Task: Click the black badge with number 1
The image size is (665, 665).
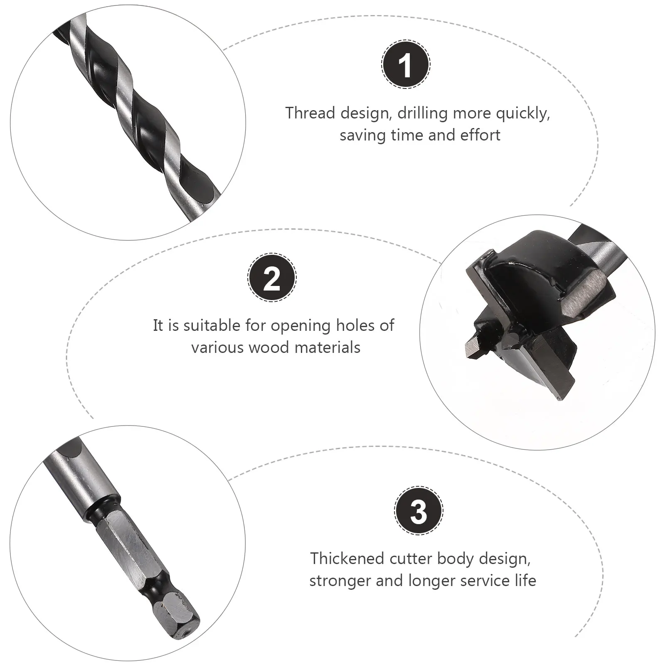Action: coord(406,64)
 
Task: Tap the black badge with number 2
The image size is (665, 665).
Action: coord(272,278)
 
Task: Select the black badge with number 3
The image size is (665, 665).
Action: coord(419,510)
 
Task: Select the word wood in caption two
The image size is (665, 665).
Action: coord(264,347)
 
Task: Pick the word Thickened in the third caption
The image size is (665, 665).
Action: coord(347,559)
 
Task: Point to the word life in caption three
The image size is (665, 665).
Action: coord(525,581)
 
